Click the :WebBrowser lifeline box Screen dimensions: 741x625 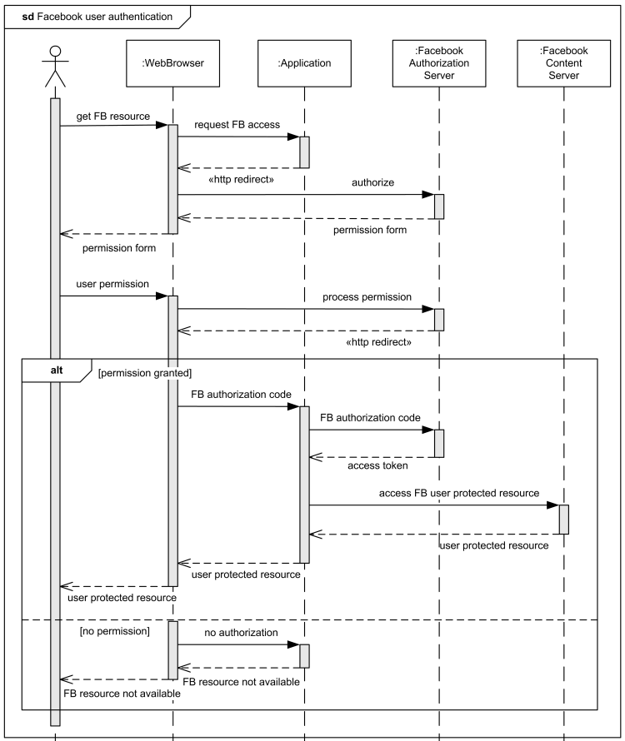pyautogui.click(x=173, y=62)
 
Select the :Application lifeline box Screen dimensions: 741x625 pyautogui.click(x=305, y=62)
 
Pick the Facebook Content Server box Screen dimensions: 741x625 pyautogui.click(x=563, y=62)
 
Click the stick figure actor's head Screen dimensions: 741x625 pyautogui.click(x=55, y=52)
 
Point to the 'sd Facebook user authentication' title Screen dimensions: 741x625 pyautogui.click(x=97, y=16)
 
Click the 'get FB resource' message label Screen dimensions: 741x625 pyautogui.click(x=112, y=117)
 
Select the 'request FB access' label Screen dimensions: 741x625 pyautogui.click(x=237, y=125)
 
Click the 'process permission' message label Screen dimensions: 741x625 pyautogui.click(x=367, y=296)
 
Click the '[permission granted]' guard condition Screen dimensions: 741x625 pyautogui.click(x=144, y=374)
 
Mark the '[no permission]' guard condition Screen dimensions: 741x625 pyautogui.click(x=114, y=633)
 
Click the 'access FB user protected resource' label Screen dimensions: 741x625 pyautogui.click(x=458, y=493)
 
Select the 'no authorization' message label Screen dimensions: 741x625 pyautogui.click(x=241, y=633)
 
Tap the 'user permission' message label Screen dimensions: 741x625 pyautogui.click(x=112, y=284)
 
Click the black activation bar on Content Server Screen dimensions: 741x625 pyautogui.click(x=563, y=520)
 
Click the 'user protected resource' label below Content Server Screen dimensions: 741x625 pyautogui.click(x=494, y=546)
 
